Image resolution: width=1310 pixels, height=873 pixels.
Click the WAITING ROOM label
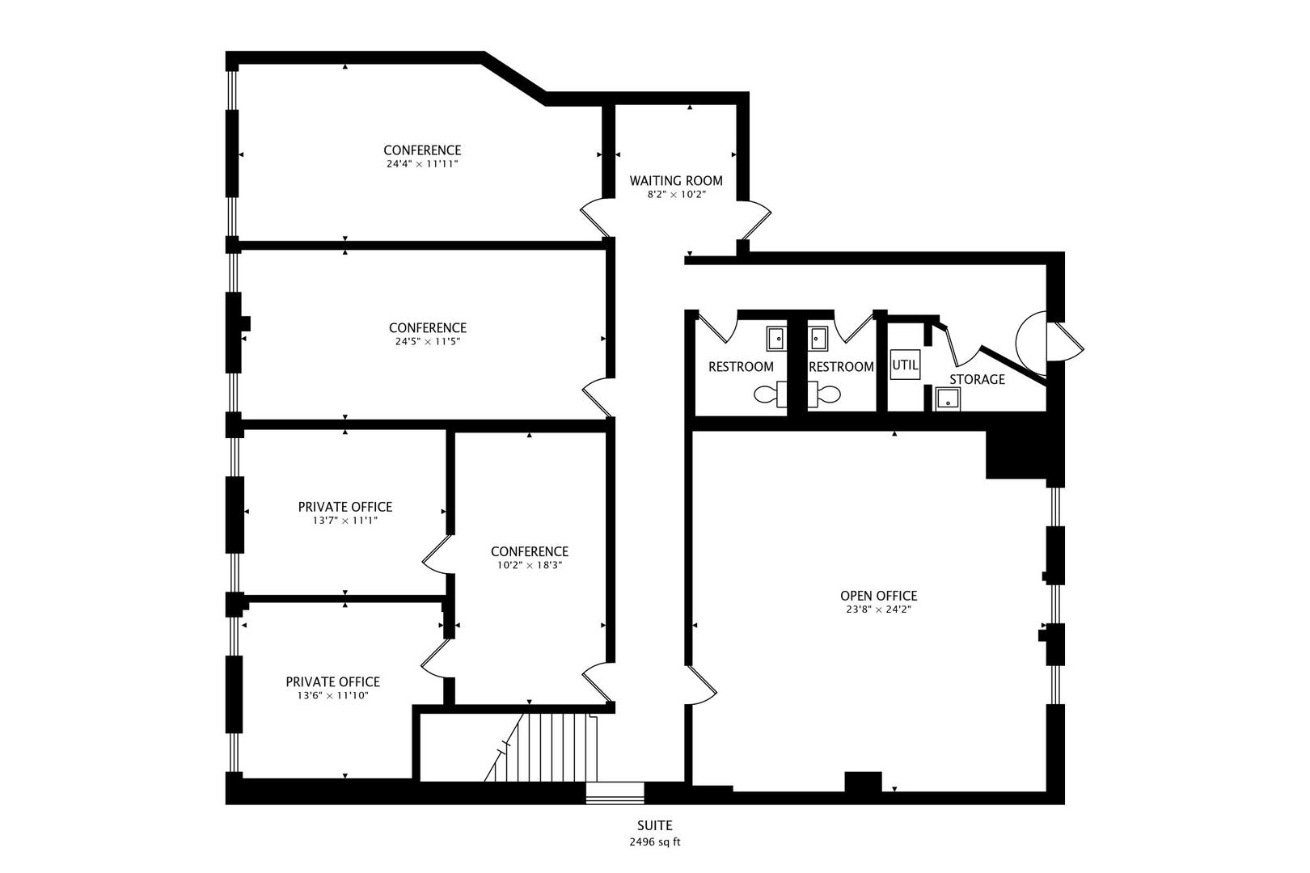(x=676, y=180)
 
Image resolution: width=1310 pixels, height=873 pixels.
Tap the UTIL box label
(x=905, y=365)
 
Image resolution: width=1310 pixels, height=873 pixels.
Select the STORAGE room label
(x=977, y=379)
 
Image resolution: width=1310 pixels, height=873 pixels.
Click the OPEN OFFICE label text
(x=878, y=596)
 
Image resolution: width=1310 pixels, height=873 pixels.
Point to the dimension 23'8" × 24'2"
(x=878, y=609)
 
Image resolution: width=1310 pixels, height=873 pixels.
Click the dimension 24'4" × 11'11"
(x=422, y=163)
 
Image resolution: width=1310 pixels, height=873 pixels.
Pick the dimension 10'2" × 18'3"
(x=529, y=565)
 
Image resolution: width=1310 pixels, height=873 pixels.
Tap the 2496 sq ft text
(x=654, y=841)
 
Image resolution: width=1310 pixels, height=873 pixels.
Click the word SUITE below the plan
(x=654, y=825)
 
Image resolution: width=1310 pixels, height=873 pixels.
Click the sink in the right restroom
(x=818, y=338)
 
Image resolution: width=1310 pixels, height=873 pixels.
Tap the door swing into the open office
(x=702, y=684)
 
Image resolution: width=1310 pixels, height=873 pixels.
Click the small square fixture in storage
(x=948, y=399)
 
